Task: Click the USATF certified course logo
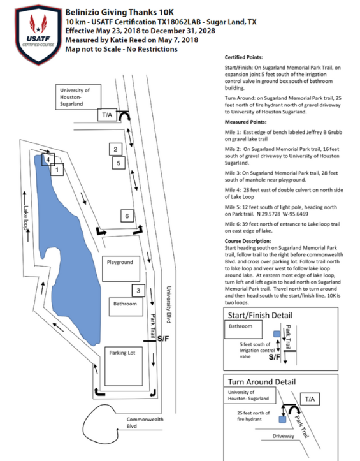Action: point(38,34)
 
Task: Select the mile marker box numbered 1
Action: point(57,170)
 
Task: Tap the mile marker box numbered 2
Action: point(115,149)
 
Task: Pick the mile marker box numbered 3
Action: point(138,291)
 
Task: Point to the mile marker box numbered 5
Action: point(119,163)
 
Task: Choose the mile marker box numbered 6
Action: point(127,216)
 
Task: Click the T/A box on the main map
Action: point(107,115)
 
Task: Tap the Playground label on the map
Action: point(120,262)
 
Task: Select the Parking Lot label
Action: point(122,353)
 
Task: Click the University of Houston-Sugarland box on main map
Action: point(78,97)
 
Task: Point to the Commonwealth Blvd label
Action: point(145,423)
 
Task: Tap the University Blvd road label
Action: point(169,305)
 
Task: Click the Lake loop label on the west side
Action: point(27,218)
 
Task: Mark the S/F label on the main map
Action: point(163,339)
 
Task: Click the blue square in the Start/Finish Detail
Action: point(277,334)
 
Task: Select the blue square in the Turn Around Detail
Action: point(282,420)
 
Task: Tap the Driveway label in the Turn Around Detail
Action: point(284,436)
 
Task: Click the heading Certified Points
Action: point(243,57)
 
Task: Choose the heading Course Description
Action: point(248,241)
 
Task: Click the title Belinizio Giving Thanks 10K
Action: point(120,12)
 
